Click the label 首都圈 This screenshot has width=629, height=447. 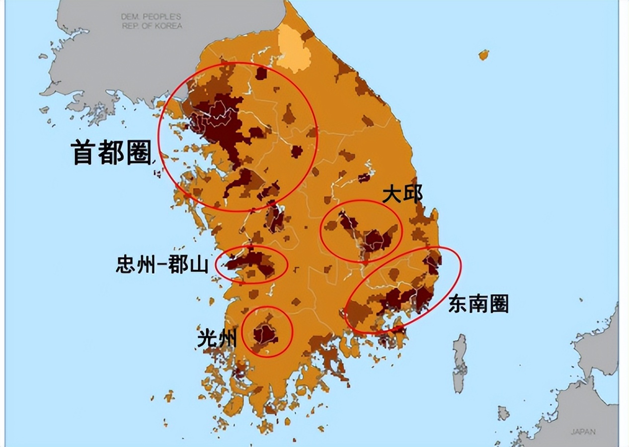[x=112, y=151]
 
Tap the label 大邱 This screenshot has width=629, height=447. [x=402, y=194]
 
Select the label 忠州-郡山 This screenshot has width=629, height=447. [x=162, y=265]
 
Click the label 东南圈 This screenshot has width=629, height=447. [x=478, y=303]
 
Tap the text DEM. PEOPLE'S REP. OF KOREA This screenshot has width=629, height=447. [x=152, y=21]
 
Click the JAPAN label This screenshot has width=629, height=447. [x=583, y=432]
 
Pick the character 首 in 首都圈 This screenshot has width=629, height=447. [x=83, y=151]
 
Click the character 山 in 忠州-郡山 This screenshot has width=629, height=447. [x=199, y=265]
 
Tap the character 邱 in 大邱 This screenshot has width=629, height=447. [x=413, y=194]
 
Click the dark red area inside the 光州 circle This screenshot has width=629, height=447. [x=265, y=334]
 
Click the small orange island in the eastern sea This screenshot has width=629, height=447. [x=483, y=54]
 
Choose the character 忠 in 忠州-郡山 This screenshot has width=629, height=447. [x=125, y=265]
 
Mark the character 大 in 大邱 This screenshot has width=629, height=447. [x=392, y=194]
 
